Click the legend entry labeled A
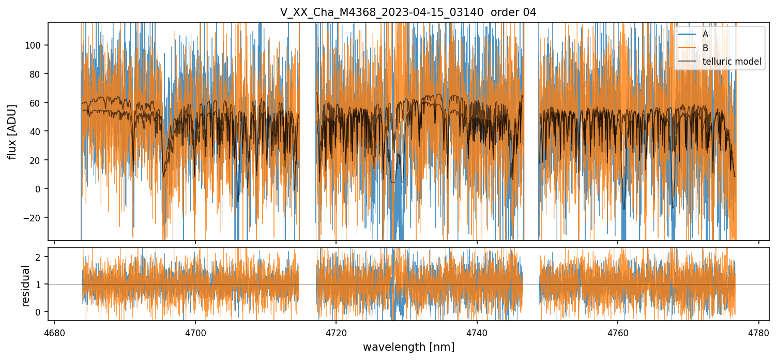click(x=705, y=34)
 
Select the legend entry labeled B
click(x=705, y=48)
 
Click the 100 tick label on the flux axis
click(x=37, y=46)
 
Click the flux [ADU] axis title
click(x=12, y=131)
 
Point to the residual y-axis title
click(x=26, y=285)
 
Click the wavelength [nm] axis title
click(x=408, y=347)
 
